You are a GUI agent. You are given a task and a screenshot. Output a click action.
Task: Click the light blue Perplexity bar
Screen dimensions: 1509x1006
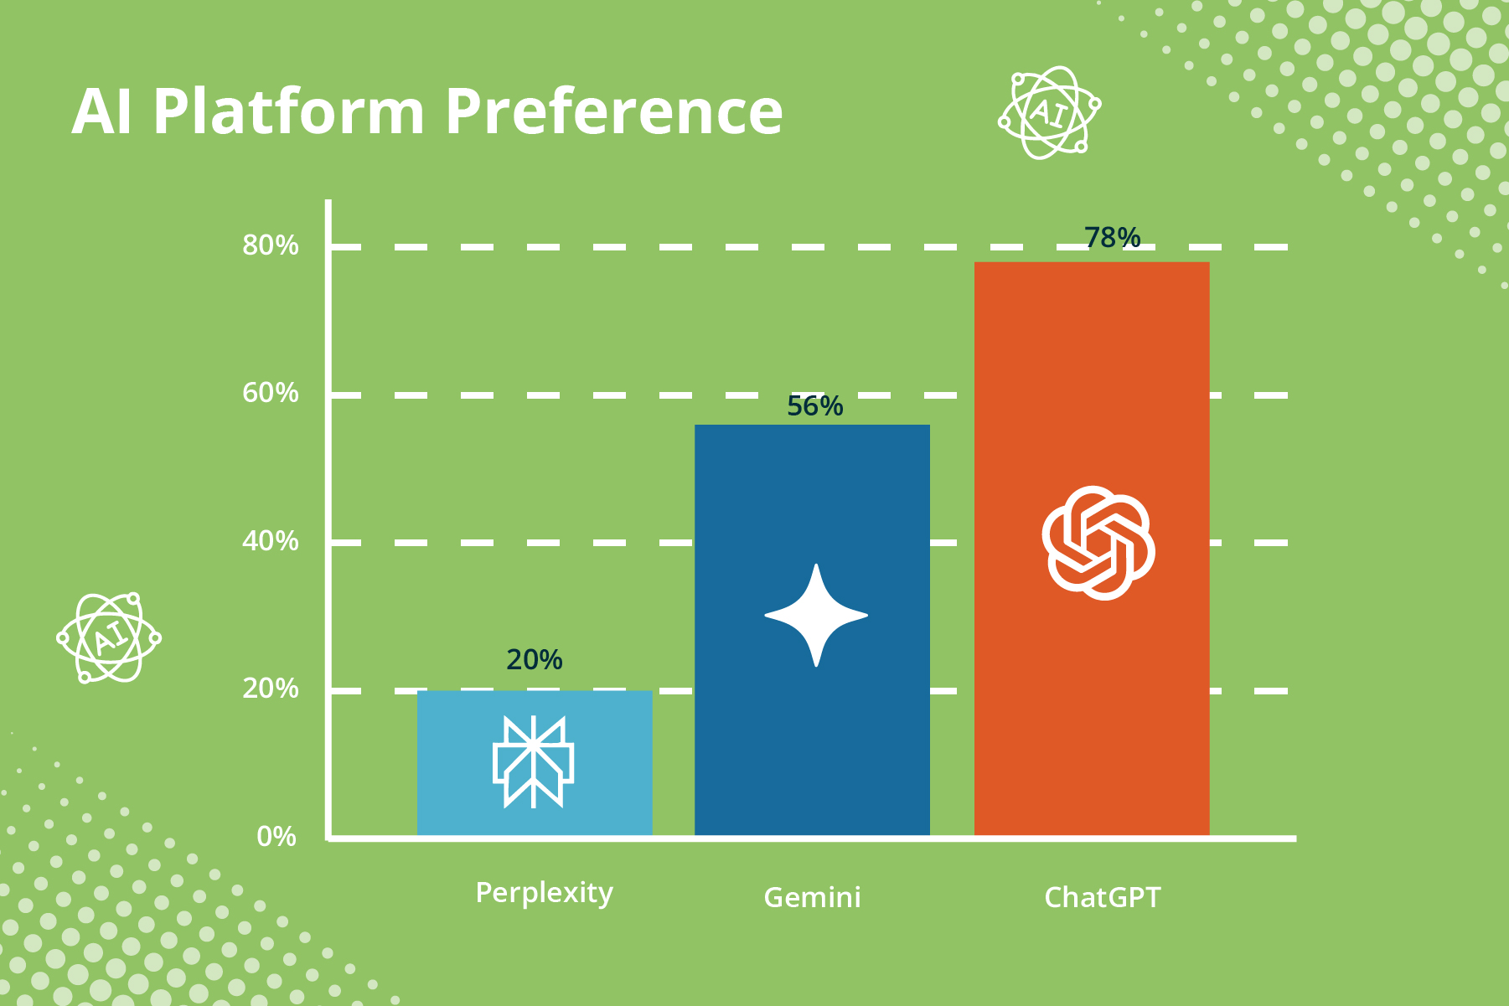click(535, 763)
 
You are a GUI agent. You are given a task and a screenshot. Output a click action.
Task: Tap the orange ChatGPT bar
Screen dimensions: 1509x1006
click(1092, 549)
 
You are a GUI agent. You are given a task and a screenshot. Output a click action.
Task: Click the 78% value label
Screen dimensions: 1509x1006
click(1112, 238)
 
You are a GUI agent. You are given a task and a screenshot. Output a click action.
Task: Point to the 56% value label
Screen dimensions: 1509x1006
click(814, 406)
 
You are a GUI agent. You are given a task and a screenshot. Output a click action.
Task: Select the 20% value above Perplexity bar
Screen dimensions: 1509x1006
click(534, 660)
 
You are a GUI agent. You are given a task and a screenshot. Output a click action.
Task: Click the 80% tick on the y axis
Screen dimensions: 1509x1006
click(270, 245)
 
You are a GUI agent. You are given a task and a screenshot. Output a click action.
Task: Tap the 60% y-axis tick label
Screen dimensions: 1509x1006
click(270, 393)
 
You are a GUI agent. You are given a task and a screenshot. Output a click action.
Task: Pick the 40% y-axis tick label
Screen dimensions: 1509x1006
click(270, 541)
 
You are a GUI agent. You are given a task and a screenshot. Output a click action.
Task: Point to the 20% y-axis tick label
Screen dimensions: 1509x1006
click(270, 689)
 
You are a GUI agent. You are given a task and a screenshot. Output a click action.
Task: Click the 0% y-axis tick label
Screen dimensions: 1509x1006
click(276, 836)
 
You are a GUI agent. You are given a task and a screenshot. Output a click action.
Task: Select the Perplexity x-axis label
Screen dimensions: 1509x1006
click(544, 894)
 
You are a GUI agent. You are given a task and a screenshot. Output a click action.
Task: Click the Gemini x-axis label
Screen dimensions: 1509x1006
click(812, 898)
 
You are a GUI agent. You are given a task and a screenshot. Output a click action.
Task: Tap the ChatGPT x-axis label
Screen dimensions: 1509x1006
click(1102, 898)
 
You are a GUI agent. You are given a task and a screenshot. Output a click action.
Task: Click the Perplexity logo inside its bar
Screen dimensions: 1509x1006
click(533, 761)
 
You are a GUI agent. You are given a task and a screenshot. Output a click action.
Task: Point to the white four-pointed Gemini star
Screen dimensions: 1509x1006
click(816, 616)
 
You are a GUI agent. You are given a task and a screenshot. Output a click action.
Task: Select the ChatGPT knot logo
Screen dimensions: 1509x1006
click(1098, 543)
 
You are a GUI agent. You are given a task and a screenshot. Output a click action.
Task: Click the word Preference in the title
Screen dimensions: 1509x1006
click(613, 111)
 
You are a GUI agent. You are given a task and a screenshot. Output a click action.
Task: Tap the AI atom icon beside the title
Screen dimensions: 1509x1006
click(1049, 112)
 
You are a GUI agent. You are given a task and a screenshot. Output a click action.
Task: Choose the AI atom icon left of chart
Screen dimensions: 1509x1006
click(108, 637)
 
